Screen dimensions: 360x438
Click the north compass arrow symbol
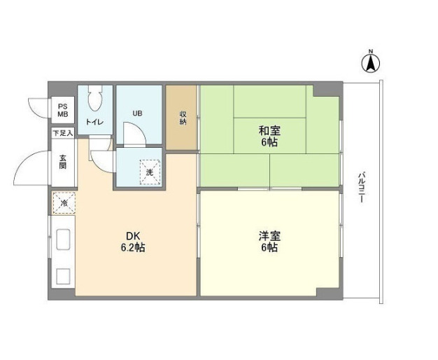tap(371, 64)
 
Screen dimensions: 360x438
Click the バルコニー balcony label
tap(361, 186)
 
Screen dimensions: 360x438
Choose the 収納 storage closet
tap(183, 118)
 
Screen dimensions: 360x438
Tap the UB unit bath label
tap(138, 112)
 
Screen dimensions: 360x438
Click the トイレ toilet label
tap(95, 123)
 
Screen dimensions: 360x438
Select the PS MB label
tap(63, 109)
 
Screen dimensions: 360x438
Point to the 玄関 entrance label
tap(62, 162)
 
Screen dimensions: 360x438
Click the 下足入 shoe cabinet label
tap(62, 132)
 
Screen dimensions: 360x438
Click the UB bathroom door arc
tap(132, 133)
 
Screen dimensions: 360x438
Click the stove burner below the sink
tap(62, 275)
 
